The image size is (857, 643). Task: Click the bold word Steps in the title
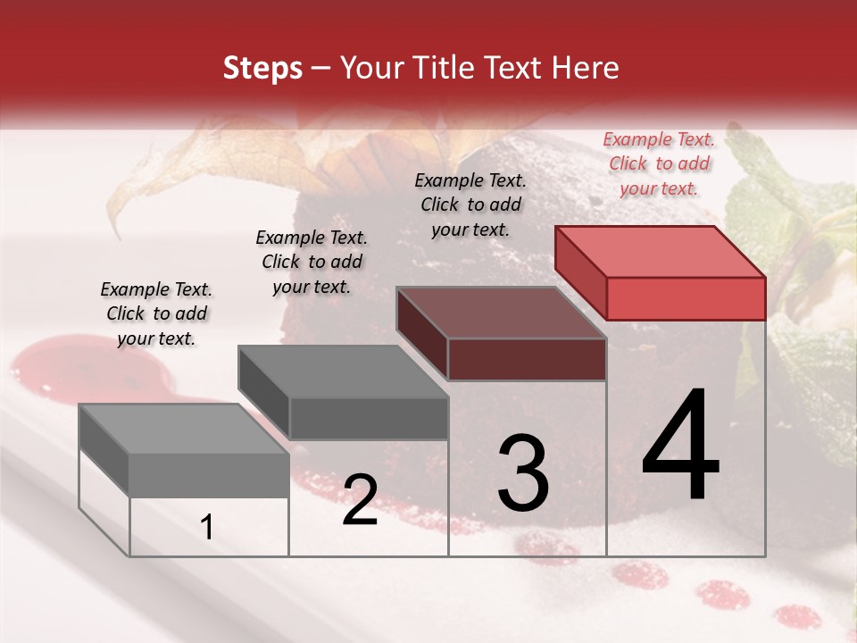[x=262, y=69]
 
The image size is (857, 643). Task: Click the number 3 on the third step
[x=523, y=473]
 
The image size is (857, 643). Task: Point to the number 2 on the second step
[x=360, y=500]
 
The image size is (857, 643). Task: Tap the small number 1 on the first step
[x=207, y=528]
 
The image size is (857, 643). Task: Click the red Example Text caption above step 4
[x=659, y=163]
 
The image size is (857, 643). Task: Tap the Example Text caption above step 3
[x=470, y=205]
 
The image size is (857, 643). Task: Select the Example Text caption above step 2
[x=312, y=262]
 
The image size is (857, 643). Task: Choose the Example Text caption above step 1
[x=156, y=313]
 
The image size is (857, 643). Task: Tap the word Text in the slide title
[x=515, y=68]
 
